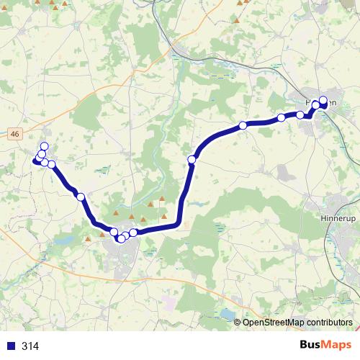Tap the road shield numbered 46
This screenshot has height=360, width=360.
coord(15,133)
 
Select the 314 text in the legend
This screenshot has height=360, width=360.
coord(30,346)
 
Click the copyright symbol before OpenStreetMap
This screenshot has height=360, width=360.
coord(238,323)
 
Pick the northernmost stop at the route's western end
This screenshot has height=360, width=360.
coord(44,147)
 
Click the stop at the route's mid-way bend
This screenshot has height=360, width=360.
coord(192,159)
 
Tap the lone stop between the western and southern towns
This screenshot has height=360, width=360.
coord(81,197)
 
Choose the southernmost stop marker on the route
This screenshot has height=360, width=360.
coord(120,239)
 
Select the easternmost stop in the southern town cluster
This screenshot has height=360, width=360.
coord(133,233)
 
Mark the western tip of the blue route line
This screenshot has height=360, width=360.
coord(34,162)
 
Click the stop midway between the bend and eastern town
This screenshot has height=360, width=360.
coord(243,125)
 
